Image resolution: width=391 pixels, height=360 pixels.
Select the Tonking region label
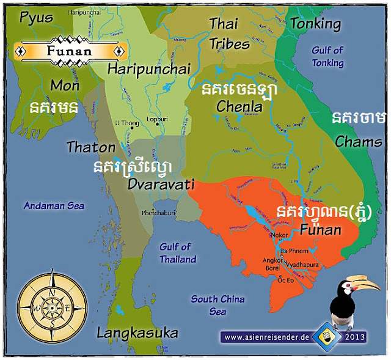click(x=315, y=24)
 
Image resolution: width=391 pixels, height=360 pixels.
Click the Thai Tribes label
click(x=229, y=34)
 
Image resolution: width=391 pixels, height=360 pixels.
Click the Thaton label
click(x=90, y=147)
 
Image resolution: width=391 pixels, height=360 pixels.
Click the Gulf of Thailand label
click(x=177, y=253)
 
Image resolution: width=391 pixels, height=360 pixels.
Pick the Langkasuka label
click(x=137, y=333)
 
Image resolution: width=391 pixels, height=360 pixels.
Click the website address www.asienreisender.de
click(x=266, y=337)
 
